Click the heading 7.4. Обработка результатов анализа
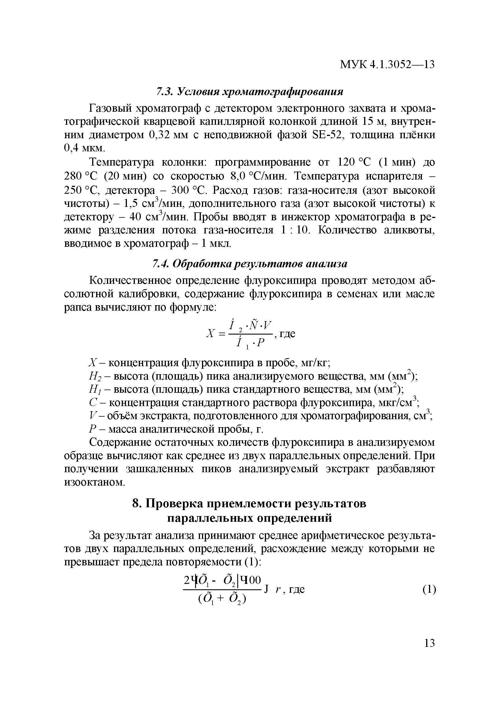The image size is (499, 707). [x=250, y=264]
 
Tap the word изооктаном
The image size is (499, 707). [x=94, y=482]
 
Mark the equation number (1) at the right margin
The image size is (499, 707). [x=429, y=590]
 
